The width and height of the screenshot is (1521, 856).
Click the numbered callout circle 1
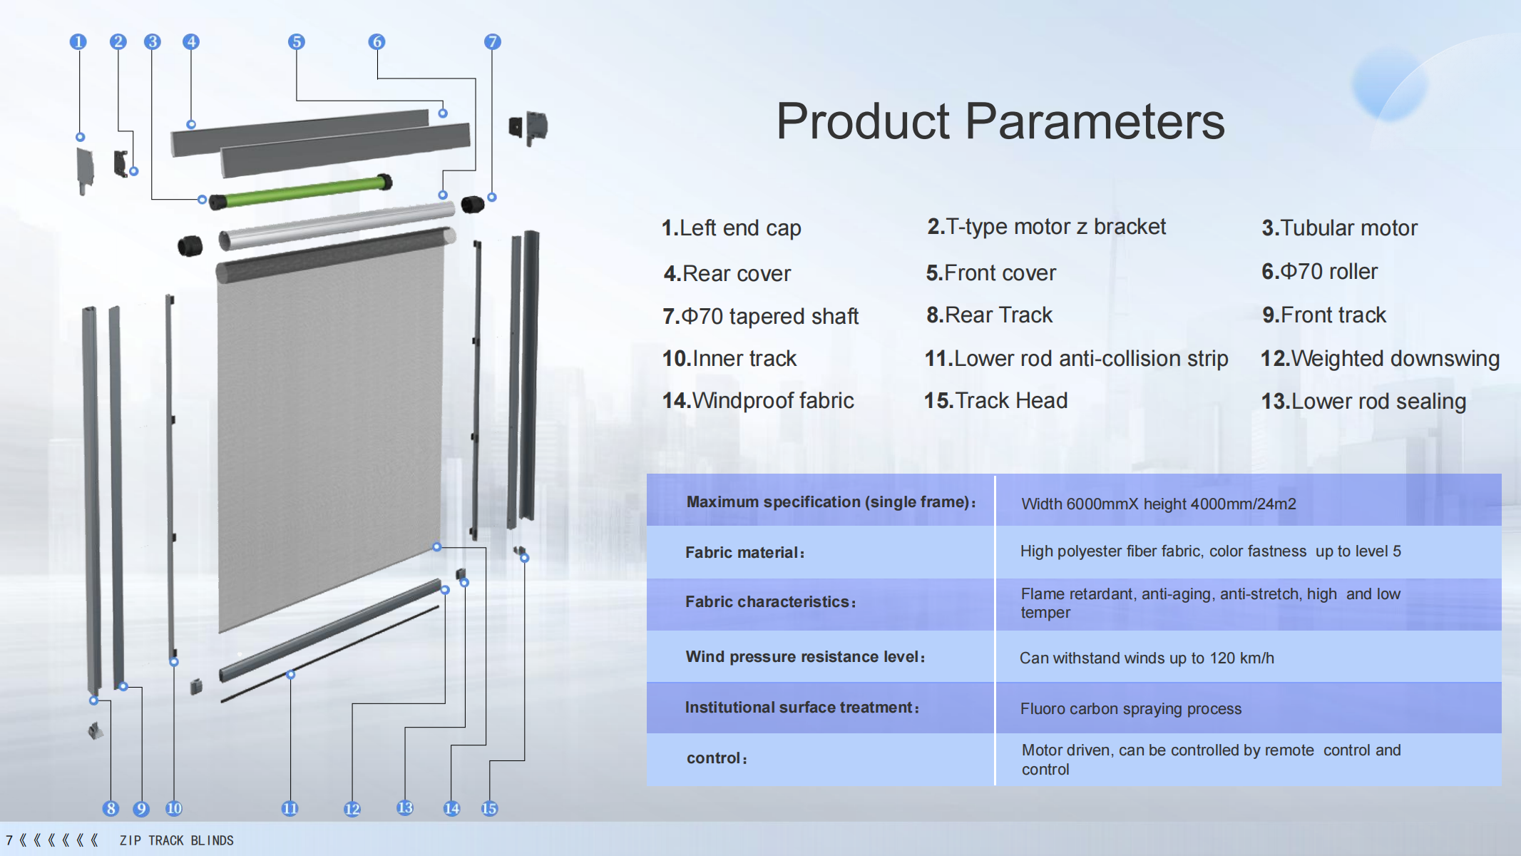point(78,42)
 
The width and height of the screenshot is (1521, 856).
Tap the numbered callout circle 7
point(492,42)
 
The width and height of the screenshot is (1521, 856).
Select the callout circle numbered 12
point(352,809)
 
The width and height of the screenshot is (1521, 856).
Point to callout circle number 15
point(489,809)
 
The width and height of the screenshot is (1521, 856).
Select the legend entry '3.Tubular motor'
point(1339,228)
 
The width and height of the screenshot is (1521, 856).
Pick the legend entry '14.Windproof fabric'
point(758,401)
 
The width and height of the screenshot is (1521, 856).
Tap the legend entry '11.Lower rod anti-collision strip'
point(1076,358)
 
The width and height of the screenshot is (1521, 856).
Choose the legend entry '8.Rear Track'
point(989,315)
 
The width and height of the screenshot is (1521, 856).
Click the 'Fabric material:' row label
point(744,552)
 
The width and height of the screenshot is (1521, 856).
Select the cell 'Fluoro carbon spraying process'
point(1130,709)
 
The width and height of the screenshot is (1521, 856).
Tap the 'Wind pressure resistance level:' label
point(805,657)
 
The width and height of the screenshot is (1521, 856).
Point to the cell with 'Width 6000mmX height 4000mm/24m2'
point(1158,504)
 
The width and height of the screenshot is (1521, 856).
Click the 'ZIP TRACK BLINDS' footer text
point(176,840)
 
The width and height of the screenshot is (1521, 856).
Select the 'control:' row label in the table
point(717,758)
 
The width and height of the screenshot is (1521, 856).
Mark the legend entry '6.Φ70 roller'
point(1319,272)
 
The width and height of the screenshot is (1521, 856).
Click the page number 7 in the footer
point(9,840)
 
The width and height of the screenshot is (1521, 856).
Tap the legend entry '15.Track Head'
point(995,401)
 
